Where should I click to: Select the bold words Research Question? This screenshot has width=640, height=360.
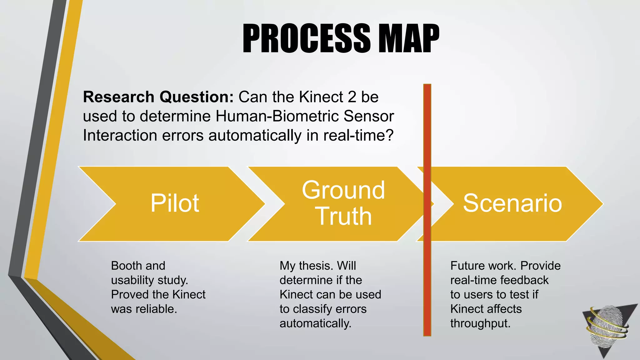click(x=158, y=97)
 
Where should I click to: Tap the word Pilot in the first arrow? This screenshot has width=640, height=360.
click(x=175, y=203)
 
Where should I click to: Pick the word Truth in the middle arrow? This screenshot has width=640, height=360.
click(x=344, y=216)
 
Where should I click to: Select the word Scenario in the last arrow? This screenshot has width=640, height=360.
click(x=512, y=203)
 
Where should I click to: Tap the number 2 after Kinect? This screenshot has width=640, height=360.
click(x=352, y=97)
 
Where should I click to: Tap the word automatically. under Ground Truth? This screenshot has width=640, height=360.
click(x=315, y=323)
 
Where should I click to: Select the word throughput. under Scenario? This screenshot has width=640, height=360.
click(x=480, y=323)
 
